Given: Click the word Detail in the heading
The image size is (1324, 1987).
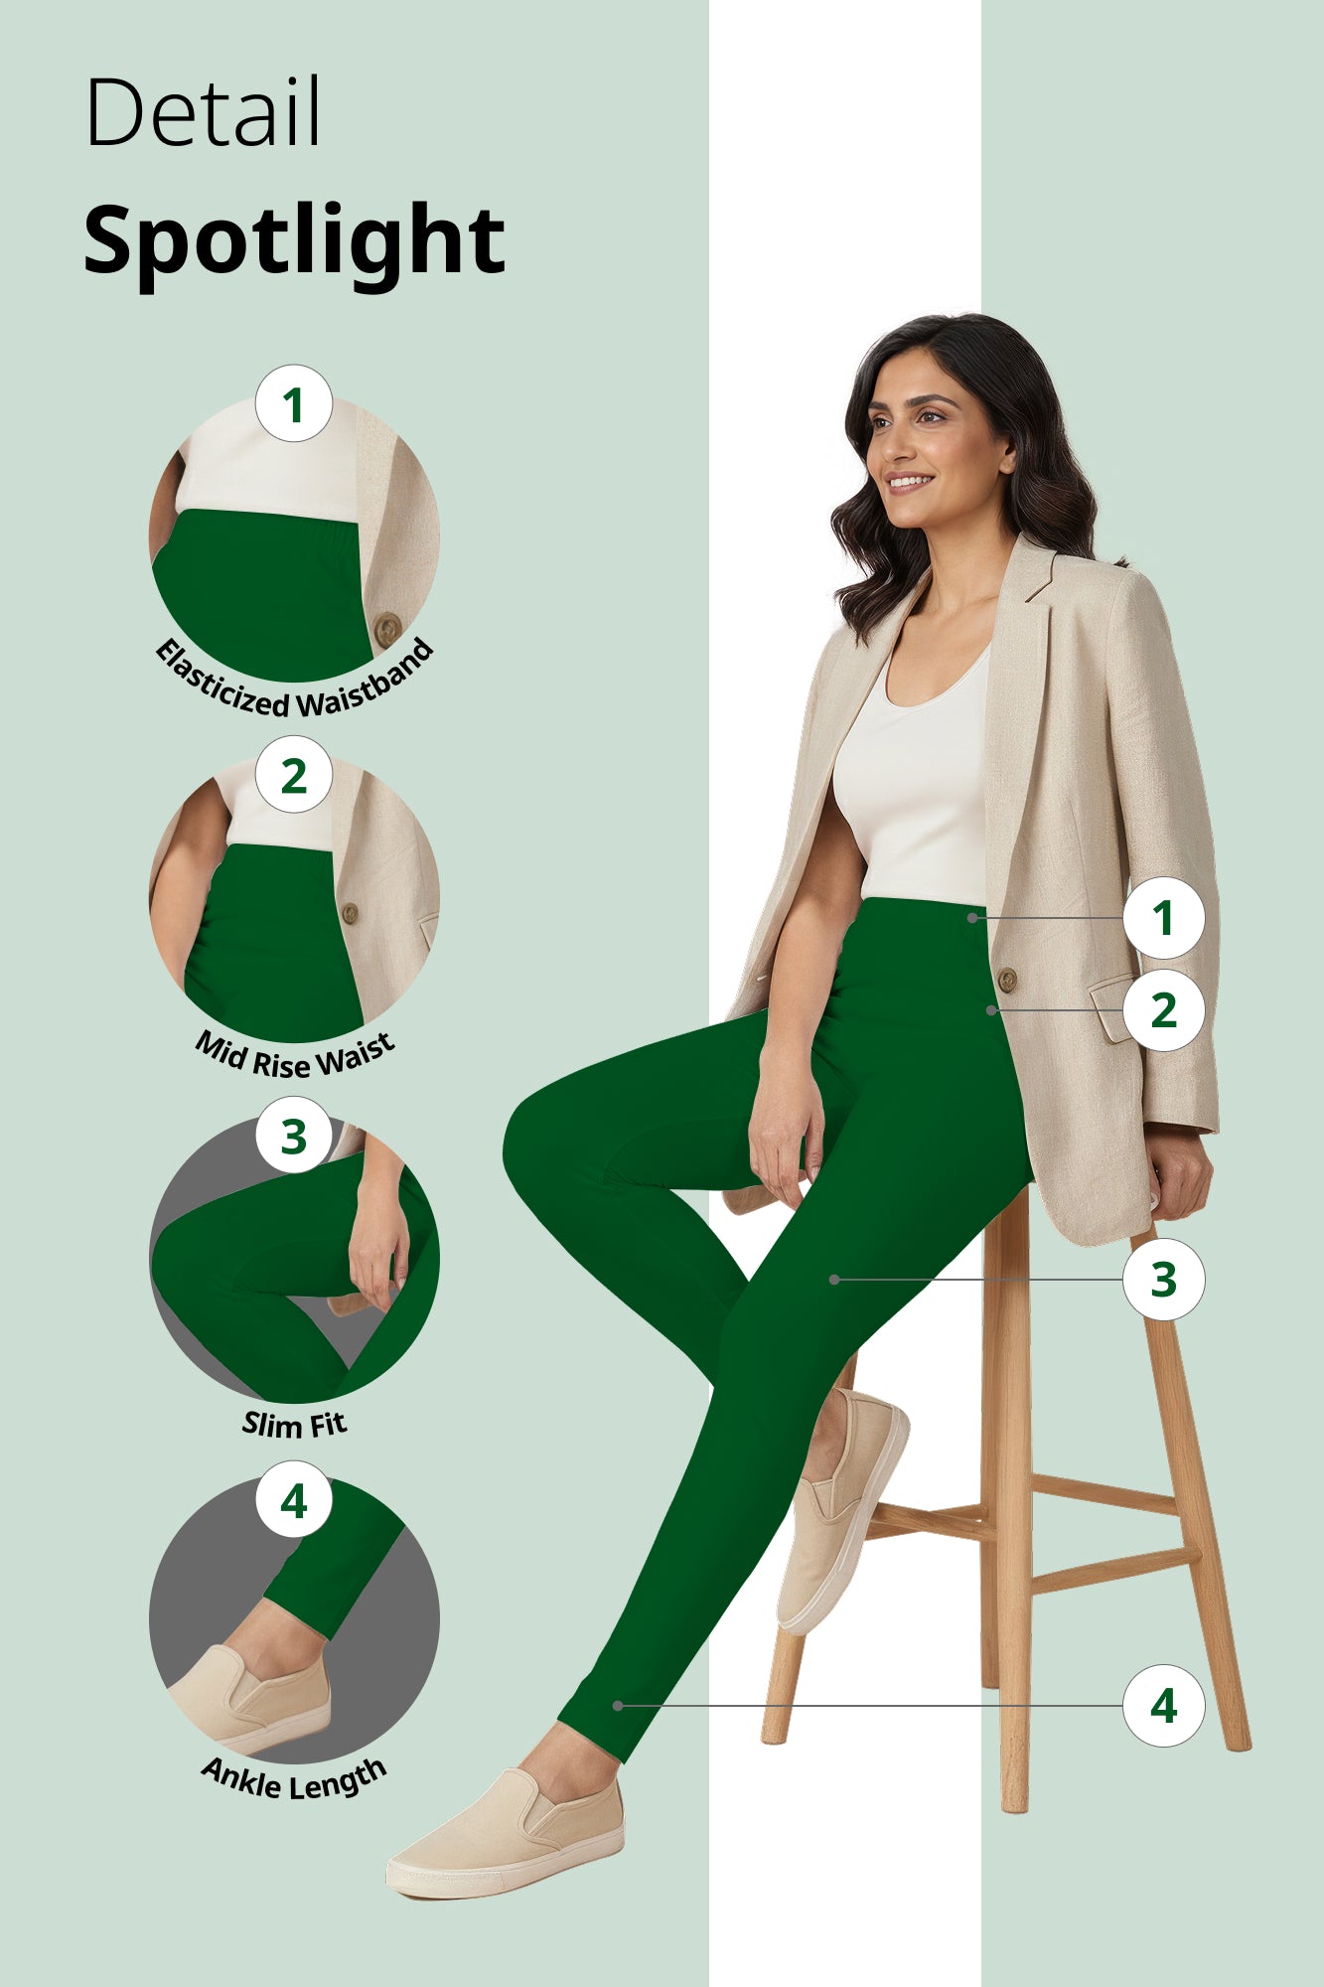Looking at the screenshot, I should (x=203, y=112).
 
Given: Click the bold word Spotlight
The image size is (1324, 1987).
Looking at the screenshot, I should (x=294, y=241).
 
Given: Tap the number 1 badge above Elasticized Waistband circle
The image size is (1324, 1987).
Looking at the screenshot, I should (x=293, y=404).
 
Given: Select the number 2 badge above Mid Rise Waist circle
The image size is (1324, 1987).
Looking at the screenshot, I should (x=293, y=775).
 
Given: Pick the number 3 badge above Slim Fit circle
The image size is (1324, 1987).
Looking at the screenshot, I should (x=293, y=1136).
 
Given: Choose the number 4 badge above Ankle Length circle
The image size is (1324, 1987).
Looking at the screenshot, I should (x=293, y=1500).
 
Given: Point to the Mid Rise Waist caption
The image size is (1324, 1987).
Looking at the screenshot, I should (x=294, y=1055).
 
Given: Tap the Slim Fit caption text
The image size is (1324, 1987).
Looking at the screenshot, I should (x=294, y=1424).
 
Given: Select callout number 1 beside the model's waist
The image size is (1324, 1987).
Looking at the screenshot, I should (x=1163, y=917).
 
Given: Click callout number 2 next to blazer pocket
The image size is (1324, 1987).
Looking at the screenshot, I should (x=1163, y=1010).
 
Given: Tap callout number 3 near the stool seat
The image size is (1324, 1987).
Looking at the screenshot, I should (x=1163, y=1280).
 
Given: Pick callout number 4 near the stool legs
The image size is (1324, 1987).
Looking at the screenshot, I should (x=1163, y=1706).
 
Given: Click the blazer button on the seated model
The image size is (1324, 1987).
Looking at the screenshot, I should (x=1006, y=980).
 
